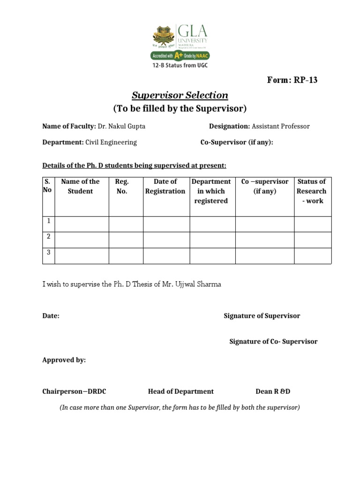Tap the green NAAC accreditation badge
pyautogui.click(x=179, y=55)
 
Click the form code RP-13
pyautogui.click(x=306, y=80)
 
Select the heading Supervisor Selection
pyautogui.click(x=180, y=95)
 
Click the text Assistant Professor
pyautogui.click(x=280, y=126)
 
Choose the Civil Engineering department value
pyautogui.click(x=111, y=142)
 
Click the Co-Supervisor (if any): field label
pyautogui.click(x=237, y=142)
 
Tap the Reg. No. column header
pyautogui.click(x=121, y=186)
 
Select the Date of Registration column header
pyautogui.click(x=165, y=186)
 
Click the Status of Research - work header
pyautogui.click(x=312, y=191)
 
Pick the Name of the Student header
pyautogui.click(x=80, y=186)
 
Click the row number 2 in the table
pyautogui.click(x=48, y=236)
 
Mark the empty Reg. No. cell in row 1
pyautogui.click(x=126, y=224)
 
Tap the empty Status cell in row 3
pyautogui.click(x=312, y=256)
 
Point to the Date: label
pyautogui.click(x=51, y=316)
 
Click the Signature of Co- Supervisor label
pyautogui.click(x=273, y=341)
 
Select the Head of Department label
pyautogui.click(x=180, y=391)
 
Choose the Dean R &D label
pyautogui.click(x=273, y=391)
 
